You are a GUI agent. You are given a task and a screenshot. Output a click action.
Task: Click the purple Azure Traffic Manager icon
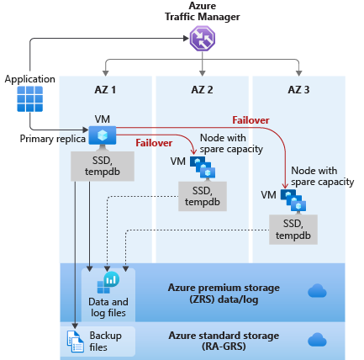[x=203, y=39]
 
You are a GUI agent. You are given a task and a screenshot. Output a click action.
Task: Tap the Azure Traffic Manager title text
[x=202, y=12]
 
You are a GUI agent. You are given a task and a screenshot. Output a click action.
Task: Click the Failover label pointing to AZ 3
[x=250, y=120]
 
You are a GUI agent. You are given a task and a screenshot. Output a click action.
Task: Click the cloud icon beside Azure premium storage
[x=317, y=291]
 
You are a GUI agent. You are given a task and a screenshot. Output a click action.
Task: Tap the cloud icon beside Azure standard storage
[x=317, y=340]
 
